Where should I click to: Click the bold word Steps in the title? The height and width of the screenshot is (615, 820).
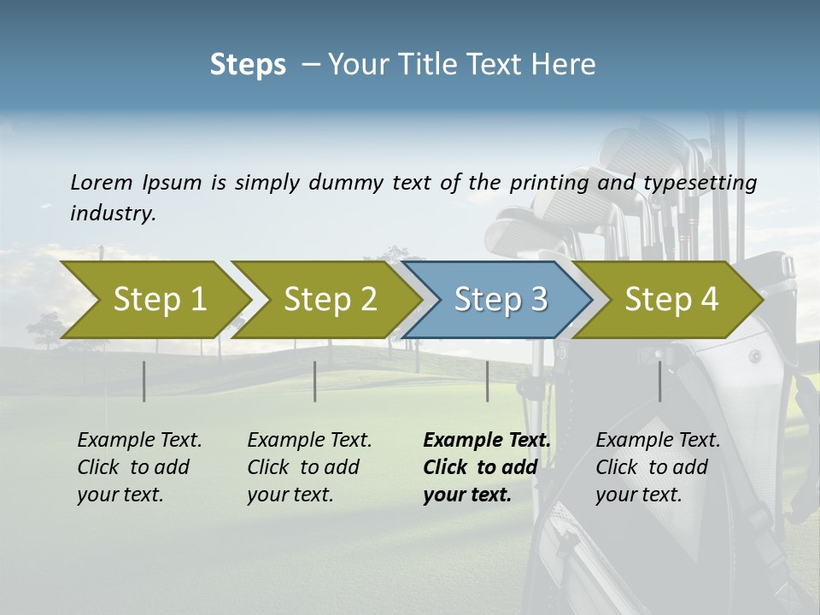point(248,65)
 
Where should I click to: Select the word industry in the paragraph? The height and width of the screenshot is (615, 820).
point(113,214)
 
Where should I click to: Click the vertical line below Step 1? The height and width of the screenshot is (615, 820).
point(144,381)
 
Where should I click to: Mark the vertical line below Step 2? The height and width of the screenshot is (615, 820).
point(315,381)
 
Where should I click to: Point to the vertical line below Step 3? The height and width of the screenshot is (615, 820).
point(487,381)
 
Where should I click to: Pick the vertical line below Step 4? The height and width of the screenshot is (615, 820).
point(659,381)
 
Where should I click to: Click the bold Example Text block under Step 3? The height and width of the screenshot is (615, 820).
point(486,467)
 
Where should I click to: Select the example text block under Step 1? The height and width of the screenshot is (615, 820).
point(139,467)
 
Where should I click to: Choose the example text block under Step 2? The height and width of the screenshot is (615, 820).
point(309,467)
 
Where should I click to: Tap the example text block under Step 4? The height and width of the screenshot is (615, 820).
point(658,467)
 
